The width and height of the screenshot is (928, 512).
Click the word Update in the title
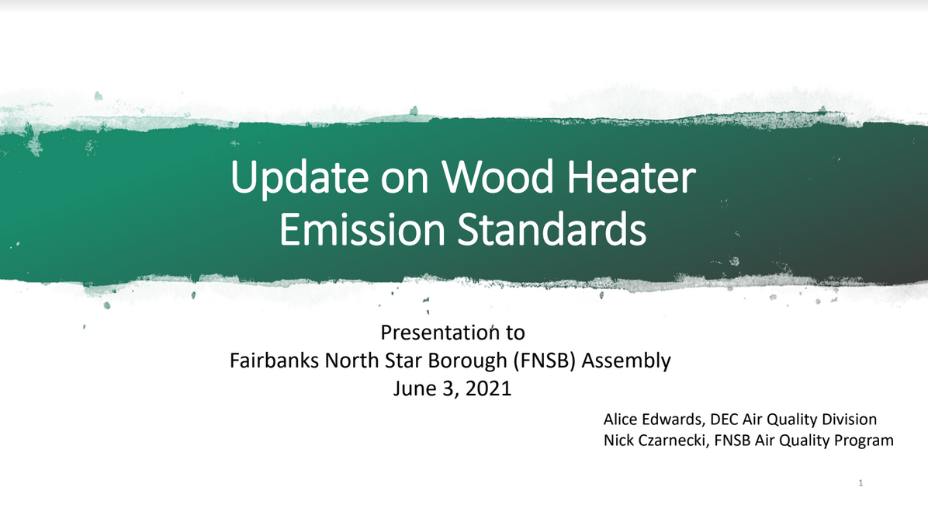coord(300,178)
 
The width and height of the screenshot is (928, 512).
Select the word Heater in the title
coord(631,176)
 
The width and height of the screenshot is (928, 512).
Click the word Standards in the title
coord(552,229)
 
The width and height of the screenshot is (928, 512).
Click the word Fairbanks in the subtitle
coord(274,360)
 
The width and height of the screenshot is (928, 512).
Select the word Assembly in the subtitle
coord(626,360)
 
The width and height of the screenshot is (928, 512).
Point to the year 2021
coord(488,388)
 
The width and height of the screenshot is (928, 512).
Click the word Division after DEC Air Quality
coord(850,420)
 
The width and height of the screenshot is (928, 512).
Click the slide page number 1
coord(860,483)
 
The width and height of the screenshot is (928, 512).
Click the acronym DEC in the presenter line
coord(724,420)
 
